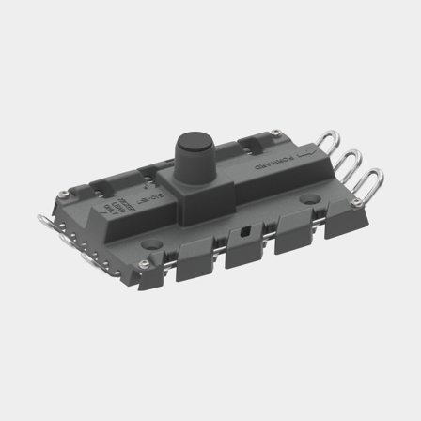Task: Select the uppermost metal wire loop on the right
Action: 329,142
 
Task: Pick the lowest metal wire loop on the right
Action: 372,178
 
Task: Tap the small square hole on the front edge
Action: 246,230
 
